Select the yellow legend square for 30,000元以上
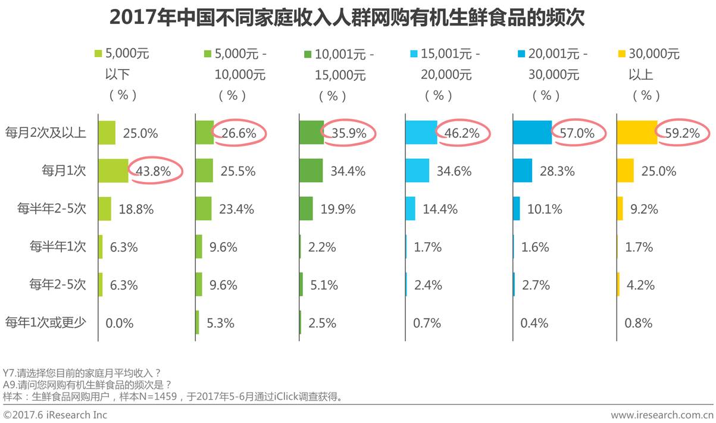pos(622,54)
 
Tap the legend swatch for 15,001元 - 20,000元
pos(412,54)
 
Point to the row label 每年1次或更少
pos(46,323)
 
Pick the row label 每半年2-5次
pos(52,209)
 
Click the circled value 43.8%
pos(153,171)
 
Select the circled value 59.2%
pos(682,133)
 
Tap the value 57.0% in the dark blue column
pos(577,133)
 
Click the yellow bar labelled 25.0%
pos(625,171)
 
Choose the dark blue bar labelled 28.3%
pos(523,171)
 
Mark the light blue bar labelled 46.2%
pos(421,133)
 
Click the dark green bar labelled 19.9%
pos(306,209)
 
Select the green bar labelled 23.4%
pos(204,209)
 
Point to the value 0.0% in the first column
pos(120,323)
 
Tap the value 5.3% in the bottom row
pos(221,323)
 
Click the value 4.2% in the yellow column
pos(640,285)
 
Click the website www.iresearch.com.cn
pos(661,415)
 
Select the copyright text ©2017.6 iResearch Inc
pos(55,415)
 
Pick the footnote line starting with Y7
pos(82,373)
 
